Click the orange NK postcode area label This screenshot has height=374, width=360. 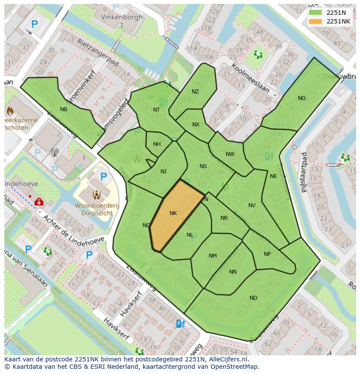[x=173, y=213]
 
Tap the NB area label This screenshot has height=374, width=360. [x=64, y=109]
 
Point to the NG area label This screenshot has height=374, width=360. [x=302, y=98]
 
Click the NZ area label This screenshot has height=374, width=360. [x=195, y=92]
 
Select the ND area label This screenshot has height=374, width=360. [x=253, y=298]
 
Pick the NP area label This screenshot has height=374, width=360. [x=267, y=254]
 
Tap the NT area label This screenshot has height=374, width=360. [x=157, y=110]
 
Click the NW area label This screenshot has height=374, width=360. [x=230, y=154]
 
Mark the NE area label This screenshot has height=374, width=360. [x=273, y=176]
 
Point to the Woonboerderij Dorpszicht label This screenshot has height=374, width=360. [x=97, y=210]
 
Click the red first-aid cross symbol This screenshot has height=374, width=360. [x=38, y=202]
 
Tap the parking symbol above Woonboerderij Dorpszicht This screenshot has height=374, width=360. [x=103, y=176]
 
